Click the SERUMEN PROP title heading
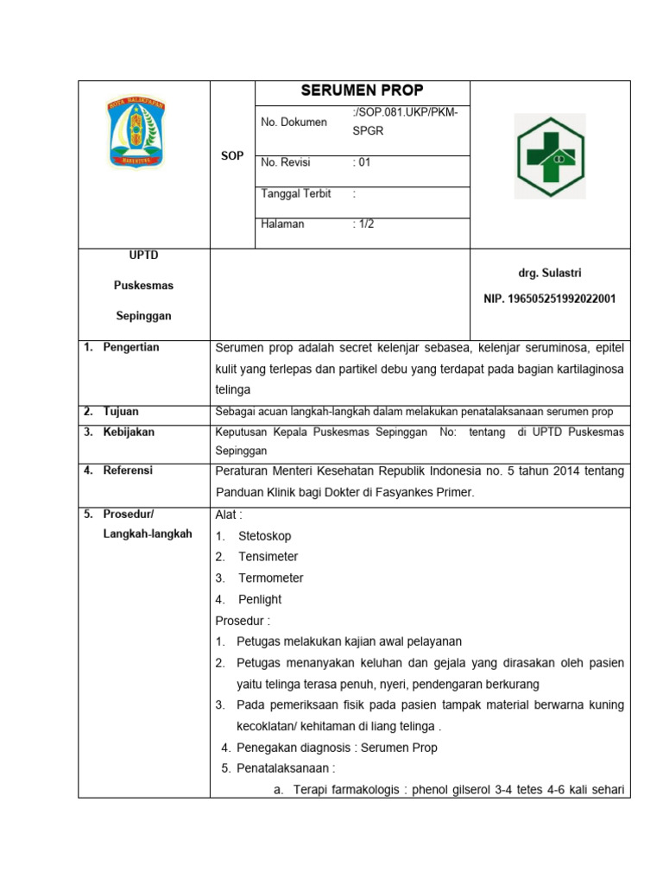coord(362,91)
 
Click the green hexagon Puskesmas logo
coord(549,156)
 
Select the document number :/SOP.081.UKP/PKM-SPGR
coord(405,122)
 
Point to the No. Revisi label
coord(286,162)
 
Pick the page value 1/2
coord(363,224)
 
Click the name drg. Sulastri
coord(549,273)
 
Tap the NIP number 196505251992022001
coord(549,299)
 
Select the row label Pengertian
coord(131,347)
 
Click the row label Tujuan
coord(121,412)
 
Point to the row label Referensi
coord(128,470)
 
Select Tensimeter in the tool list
coord(268,557)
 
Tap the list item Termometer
coord(270,578)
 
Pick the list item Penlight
coord(260,599)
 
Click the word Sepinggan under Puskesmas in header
coord(143,316)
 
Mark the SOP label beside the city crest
coord(231,155)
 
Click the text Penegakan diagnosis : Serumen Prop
coord(337,748)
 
